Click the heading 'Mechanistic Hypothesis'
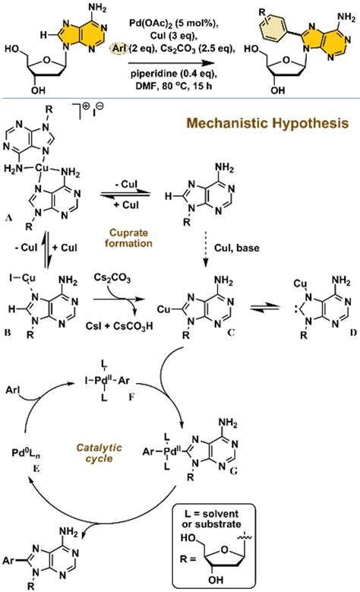(278, 142)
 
